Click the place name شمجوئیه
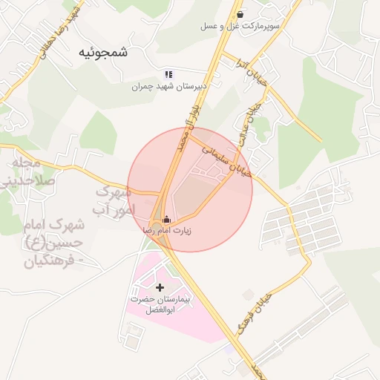coord(102,53)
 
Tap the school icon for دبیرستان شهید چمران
coord(168,74)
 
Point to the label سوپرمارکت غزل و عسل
coord(239,26)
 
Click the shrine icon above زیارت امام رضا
coord(166,219)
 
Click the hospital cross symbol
coord(160,286)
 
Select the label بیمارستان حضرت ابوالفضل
coord(160,304)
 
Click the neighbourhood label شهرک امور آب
coord(113,201)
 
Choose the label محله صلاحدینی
coord(28,171)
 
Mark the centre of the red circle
coord(190,189)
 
